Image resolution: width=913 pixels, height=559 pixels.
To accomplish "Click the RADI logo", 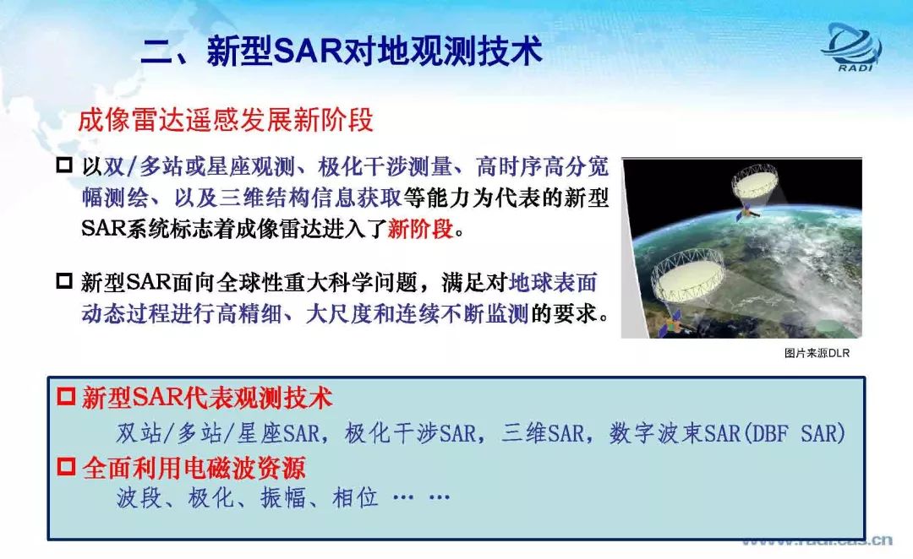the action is pyautogui.click(x=851, y=46).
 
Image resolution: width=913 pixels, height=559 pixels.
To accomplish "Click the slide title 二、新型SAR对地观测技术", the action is pyautogui.click(x=342, y=51).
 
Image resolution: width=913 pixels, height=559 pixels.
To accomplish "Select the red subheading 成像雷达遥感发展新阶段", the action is pyautogui.click(x=226, y=120).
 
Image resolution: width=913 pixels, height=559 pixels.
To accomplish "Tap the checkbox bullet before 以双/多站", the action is pyautogui.click(x=64, y=166).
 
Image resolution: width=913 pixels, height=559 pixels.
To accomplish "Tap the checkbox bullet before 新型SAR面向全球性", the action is pyautogui.click(x=64, y=281).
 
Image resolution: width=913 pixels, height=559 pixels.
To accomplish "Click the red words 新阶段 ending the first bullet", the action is pyautogui.click(x=420, y=229).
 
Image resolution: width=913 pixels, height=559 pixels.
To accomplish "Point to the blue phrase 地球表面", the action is pyautogui.click(x=553, y=283).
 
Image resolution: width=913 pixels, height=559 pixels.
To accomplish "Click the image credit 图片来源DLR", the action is pyautogui.click(x=817, y=353).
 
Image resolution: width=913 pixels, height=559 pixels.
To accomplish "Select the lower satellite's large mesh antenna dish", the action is pyautogui.click(x=687, y=275).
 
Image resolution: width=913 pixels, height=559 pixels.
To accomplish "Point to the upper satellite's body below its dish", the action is pyautogui.click(x=747, y=214).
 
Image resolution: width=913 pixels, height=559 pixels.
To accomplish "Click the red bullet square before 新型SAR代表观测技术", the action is pyautogui.click(x=66, y=397).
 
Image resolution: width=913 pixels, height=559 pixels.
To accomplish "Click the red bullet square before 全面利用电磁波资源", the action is pyautogui.click(x=66, y=466).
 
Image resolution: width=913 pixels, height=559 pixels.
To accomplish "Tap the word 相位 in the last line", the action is pyautogui.click(x=355, y=497).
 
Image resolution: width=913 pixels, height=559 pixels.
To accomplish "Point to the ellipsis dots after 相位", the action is pyautogui.click(x=422, y=497).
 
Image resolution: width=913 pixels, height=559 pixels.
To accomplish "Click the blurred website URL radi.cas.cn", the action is pyautogui.click(x=817, y=541).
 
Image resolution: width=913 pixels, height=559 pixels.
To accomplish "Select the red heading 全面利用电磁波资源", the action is pyautogui.click(x=194, y=467).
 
